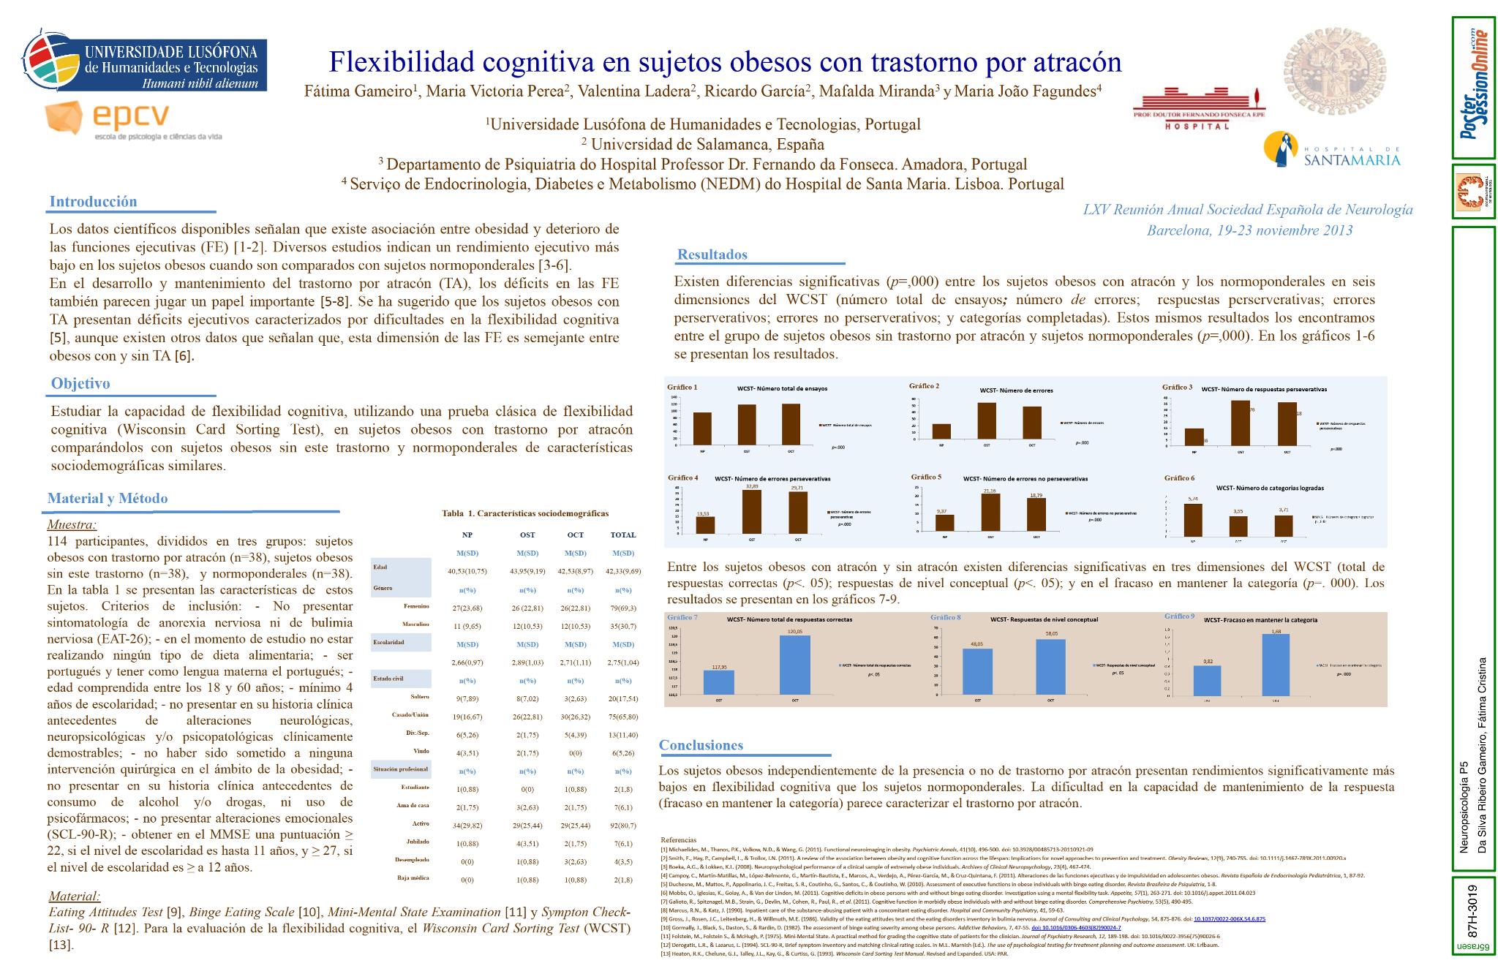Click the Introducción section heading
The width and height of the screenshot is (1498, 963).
(93, 201)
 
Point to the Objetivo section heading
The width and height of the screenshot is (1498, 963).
(80, 383)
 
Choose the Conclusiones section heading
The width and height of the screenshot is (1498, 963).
(701, 745)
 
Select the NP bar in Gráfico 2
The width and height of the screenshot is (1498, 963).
(941, 431)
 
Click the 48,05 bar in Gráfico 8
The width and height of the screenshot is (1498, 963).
(977, 671)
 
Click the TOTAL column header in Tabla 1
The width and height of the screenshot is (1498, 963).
(623, 535)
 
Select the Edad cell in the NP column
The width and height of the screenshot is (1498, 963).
(467, 571)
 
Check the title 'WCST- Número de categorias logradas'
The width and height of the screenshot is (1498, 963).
(1269, 488)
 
